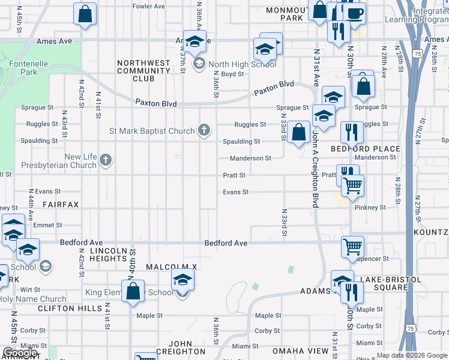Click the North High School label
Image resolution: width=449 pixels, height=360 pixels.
click(242, 64)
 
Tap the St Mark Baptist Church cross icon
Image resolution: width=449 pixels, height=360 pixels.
click(204, 130)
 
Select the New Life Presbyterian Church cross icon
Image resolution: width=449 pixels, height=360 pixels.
click(106, 160)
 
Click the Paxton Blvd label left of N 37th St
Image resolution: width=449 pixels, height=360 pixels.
click(156, 103)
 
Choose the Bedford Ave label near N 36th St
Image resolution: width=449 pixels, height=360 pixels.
click(226, 244)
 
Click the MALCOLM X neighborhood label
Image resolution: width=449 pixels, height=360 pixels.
click(172, 266)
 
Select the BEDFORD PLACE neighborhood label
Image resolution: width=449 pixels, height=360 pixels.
click(366, 149)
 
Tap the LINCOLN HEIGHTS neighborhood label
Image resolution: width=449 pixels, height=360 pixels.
click(109, 254)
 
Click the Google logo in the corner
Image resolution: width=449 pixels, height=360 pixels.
click(20, 353)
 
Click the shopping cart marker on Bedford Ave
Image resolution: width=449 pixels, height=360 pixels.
click(352, 246)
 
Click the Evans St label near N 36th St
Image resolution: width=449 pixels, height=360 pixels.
click(236, 192)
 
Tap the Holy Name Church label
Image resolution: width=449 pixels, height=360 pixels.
click(32, 299)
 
